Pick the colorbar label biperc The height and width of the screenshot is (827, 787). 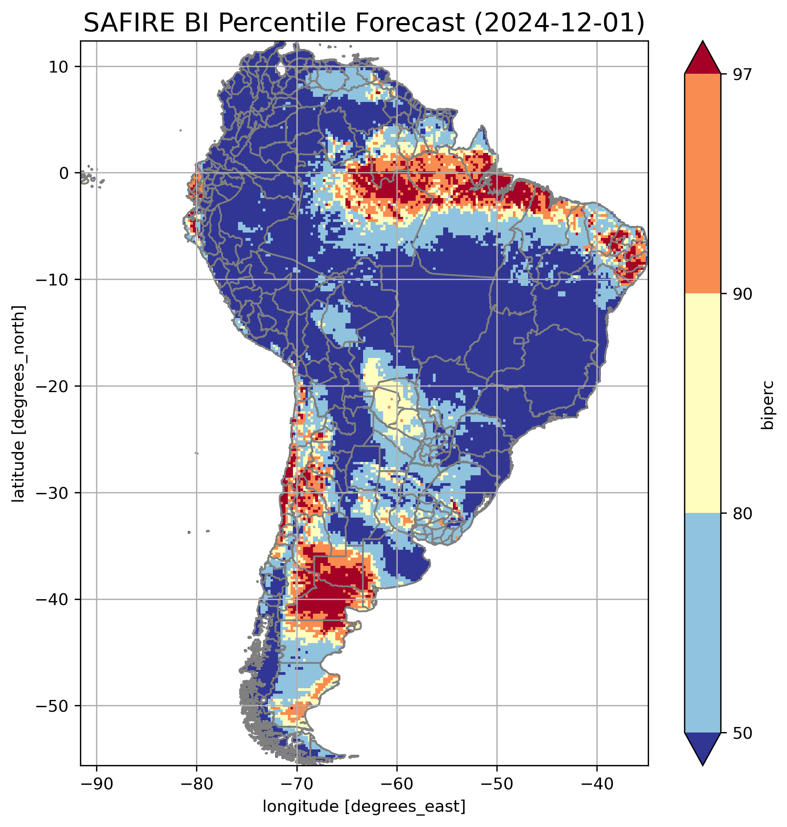(768, 404)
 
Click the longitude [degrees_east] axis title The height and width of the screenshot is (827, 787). (364, 806)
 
